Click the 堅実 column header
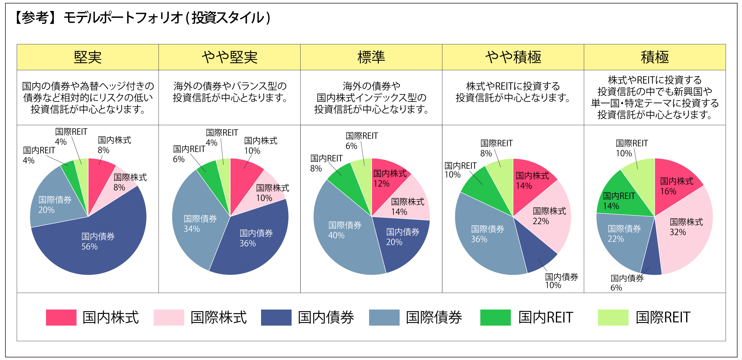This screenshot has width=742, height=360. [x=87, y=57]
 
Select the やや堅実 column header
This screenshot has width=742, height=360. [x=229, y=57]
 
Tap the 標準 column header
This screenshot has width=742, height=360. [x=371, y=57]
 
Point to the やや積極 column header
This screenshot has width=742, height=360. [x=513, y=57]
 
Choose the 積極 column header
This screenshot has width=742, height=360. [x=655, y=57]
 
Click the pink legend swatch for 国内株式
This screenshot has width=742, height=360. [x=61, y=318]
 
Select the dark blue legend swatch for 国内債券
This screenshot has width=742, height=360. [x=276, y=318]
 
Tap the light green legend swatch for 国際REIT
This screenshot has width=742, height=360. [x=613, y=318]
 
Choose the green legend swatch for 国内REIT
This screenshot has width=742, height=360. [x=495, y=318]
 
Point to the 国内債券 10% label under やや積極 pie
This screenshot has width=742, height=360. [x=561, y=281]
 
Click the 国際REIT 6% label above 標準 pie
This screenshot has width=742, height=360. [x=361, y=140]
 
